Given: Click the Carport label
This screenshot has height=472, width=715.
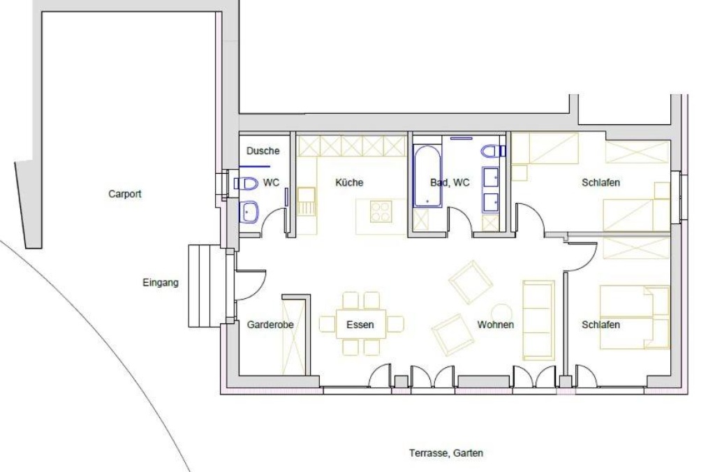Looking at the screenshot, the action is (124, 194).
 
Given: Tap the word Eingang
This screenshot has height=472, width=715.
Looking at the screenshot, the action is (161, 283).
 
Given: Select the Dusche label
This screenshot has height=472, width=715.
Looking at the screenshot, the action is (263, 151).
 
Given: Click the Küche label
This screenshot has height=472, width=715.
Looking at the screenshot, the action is (349, 182).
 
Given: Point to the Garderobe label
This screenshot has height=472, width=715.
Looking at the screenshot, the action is (270, 325).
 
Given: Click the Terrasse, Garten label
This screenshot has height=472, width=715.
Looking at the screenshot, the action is (446, 453).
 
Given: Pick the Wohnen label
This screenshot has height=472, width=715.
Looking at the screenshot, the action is (496, 325).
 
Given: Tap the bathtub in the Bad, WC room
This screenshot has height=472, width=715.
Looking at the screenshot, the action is (427, 175).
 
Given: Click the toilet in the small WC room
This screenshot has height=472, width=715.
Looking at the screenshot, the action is (245, 184).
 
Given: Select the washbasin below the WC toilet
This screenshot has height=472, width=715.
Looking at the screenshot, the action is (249, 212).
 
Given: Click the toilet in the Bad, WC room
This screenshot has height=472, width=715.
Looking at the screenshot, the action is (492, 151).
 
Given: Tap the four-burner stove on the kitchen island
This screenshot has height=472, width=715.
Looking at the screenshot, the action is (381, 212).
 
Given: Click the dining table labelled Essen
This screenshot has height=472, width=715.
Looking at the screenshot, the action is (361, 324).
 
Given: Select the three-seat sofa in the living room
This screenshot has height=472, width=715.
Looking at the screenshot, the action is (538, 320).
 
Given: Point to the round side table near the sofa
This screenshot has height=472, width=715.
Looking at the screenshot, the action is (501, 314).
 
